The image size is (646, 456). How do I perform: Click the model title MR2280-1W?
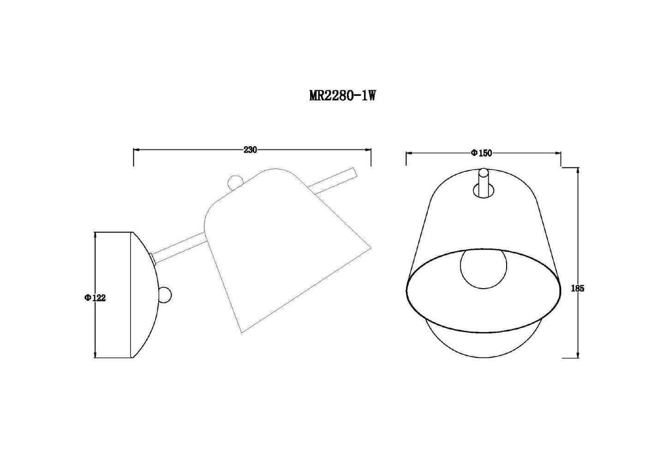tap(342, 95)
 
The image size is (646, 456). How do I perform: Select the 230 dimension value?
tap(250, 150)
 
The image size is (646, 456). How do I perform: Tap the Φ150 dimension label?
tap(481, 153)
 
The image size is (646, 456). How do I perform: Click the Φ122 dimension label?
tap(95, 298)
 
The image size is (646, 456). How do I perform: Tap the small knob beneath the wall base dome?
tap(166, 295)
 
